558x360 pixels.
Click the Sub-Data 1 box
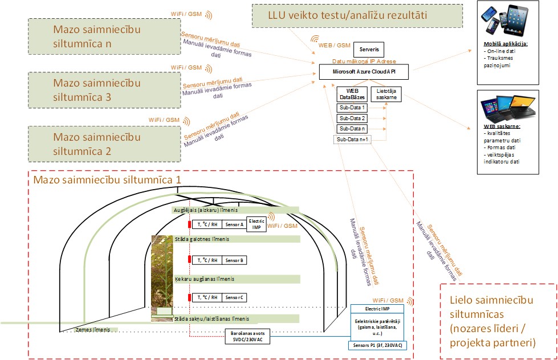click(352, 107)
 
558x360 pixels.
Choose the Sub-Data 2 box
click(352, 118)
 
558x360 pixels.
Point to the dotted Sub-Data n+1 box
click(353, 139)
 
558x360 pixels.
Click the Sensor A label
click(234, 224)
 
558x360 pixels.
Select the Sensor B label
click(234, 260)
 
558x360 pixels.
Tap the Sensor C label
click(234, 297)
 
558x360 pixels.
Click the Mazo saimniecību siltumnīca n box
click(96, 36)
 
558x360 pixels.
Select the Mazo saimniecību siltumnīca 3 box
click(96, 91)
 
